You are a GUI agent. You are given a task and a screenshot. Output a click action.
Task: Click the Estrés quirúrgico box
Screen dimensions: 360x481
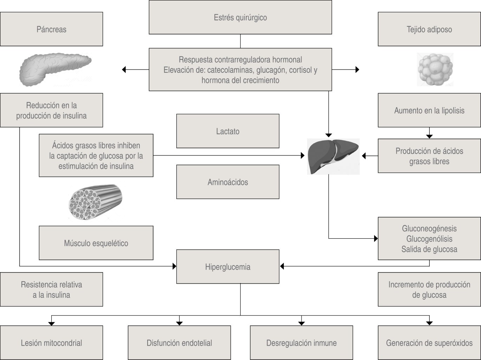tap(240, 17)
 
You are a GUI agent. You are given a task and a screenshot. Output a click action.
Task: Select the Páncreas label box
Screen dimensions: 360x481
tap(51, 29)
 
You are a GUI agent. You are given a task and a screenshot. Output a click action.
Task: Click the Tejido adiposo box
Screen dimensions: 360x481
tap(429, 29)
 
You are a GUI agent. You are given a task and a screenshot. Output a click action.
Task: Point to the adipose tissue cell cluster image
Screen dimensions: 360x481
tap(435, 70)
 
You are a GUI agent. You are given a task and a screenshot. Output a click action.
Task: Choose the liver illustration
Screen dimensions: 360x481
tap(333, 156)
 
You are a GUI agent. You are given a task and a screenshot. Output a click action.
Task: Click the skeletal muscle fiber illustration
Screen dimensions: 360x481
tap(96, 202)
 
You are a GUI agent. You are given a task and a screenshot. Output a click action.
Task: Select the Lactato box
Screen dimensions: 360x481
tap(228, 131)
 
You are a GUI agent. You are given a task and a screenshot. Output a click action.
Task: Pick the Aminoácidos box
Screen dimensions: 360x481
tap(228, 182)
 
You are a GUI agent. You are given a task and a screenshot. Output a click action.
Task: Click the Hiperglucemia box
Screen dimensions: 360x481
tap(228, 267)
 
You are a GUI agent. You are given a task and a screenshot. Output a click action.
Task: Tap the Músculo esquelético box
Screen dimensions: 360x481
tap(96, 243)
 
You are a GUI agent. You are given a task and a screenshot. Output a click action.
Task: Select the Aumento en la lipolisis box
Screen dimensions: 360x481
tap(429, 110)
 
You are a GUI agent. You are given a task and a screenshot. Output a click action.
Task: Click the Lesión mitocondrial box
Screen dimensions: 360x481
tap(51, 343)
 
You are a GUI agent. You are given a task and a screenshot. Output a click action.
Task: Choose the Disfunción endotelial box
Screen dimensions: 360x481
tap(179, 343)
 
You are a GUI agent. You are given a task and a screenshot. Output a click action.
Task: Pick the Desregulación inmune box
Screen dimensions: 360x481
tap(301, 343)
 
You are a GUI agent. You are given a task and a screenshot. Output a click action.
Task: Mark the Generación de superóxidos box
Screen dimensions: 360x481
tap(429, 343)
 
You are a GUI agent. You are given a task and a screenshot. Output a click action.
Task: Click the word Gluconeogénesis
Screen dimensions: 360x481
tap(429, 229)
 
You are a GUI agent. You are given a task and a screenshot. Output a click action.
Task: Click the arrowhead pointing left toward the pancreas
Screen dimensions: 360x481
tap(124, 70)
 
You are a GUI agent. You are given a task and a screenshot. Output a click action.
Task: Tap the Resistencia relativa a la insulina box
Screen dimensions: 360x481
tap(51, 289)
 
